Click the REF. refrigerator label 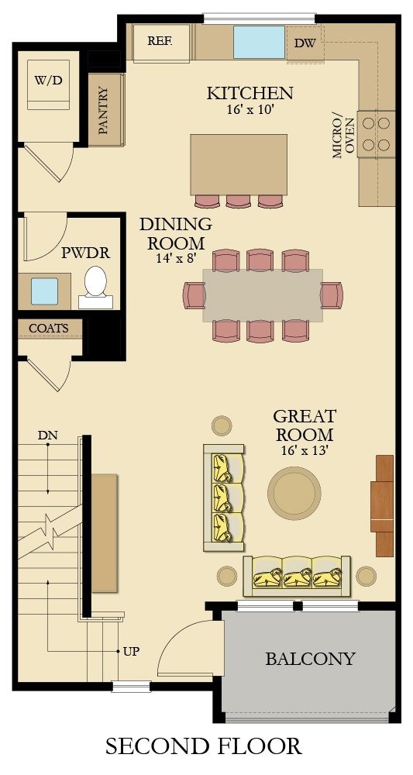pyautogui.click(x=160, y=41)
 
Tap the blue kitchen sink pyautogui.click(x=259, y=43)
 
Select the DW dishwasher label pyautogui.click(x=305, y=43)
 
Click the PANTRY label pyautogui.click(x=103, y=110)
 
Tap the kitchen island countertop pyautogui.click(x=239, y=164)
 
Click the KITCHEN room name pyautogui.click(x=250, y=93)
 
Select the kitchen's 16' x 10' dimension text pyautogui.click(x=250, y=109)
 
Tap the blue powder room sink pyautogui.click(x=44, y=291)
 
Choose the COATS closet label pyautogui.click(x=48, y=328)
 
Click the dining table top pyautogui.click(x=263, y=295)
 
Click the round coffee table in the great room pyautogui.click(x=294, y=492)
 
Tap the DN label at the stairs pyautogui.click(x=47, y=436)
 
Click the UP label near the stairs pyautogui.click(x=131, y=652)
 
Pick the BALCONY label pyautogui.click(x=310, y=659)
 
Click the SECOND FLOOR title pyautogui.click(x=204, y=746)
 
